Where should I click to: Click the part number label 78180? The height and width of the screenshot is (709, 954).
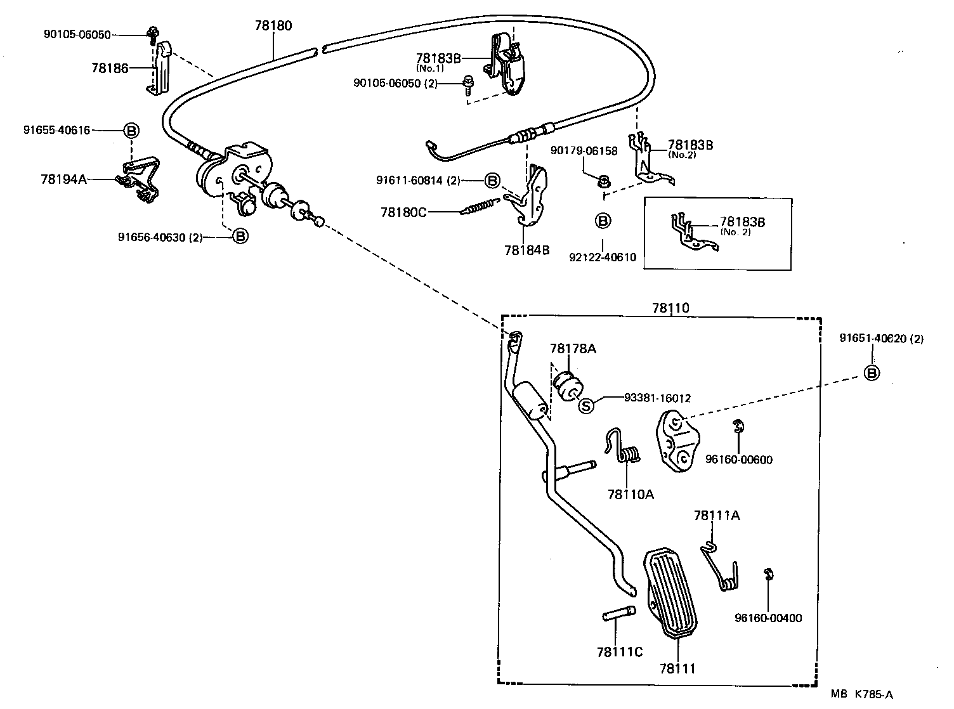point(273,25)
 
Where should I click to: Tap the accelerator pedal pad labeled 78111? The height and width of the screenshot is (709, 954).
point(670,590)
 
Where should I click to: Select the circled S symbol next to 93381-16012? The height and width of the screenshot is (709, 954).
point(587,405)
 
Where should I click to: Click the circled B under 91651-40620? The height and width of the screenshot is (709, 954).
point(873,373)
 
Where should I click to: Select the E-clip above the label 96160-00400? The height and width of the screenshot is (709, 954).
point(769,575)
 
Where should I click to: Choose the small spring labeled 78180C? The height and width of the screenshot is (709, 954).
point(482,207)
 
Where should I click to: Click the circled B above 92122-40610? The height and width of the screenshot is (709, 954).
point(603,221)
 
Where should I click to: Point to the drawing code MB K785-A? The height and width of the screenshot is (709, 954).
point(866,694)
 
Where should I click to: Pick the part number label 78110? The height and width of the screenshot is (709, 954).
point(670,308)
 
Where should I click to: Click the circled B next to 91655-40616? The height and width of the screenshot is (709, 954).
point(131,131)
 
